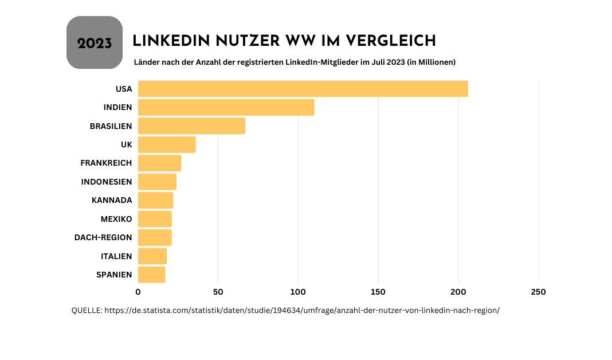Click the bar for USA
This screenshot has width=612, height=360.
click(303, 89)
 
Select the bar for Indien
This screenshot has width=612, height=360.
click(226, 107)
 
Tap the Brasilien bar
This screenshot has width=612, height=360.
click(191, 126)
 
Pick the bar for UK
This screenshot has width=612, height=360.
click(167, 144)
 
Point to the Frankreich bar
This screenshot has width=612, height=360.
click(159, 163)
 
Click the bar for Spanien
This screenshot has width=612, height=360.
click(151, 275)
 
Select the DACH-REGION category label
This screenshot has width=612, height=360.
click(103, 237)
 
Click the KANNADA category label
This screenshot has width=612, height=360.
click(112, 200)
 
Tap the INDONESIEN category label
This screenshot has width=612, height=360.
click(107, 182)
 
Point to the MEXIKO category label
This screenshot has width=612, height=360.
click(116, 219)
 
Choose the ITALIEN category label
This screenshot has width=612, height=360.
click(116, 256)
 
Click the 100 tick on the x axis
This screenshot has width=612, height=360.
click(298, 292)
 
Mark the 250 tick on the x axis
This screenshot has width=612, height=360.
click(538, 292)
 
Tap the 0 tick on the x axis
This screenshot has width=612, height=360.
click(138, 292)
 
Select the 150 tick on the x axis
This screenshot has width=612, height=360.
click(378, 292)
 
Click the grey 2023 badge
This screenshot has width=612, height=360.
click(95, 43)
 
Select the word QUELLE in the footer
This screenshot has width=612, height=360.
click(86, 310)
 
